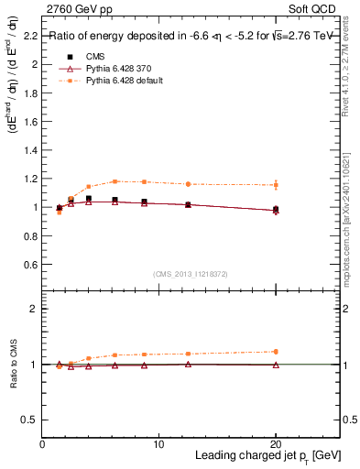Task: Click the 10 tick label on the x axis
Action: tap(158, 444)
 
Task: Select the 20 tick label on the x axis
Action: tap(275, 444)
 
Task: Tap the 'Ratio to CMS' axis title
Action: tap(14, 365)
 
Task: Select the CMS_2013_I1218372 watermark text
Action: tap(191, 273)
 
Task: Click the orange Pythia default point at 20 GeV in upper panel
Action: tap(276, 185)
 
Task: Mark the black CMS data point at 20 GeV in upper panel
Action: tap(276, 209)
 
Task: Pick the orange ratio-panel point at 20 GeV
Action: tap(276, 352)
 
